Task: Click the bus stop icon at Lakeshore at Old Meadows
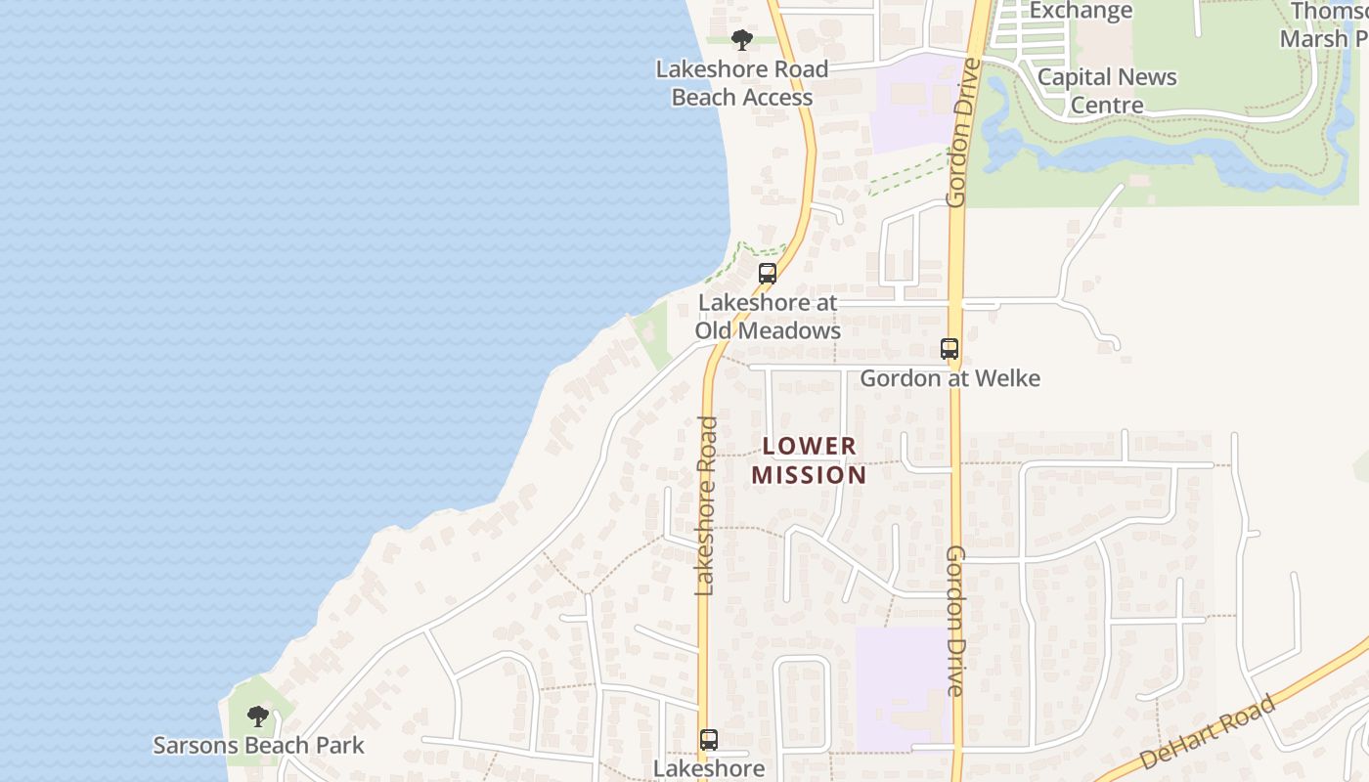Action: point(768,274)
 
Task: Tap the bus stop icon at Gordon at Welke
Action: point(949,349)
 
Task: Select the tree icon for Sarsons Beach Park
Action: point(257,717)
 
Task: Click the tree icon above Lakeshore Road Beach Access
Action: point(742,40)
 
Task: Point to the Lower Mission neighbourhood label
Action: point(809,460)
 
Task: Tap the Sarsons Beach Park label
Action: point(258,746)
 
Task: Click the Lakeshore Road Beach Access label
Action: point(742,83)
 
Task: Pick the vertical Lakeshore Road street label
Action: point(707,505)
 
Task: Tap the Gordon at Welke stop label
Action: point(949,378)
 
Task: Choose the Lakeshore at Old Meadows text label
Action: point(768,317)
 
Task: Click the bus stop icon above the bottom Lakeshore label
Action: point(709,740)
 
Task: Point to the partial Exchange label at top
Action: point(1081,11)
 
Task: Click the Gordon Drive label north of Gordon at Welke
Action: point(956,132)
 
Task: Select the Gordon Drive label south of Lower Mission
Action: point(955,621)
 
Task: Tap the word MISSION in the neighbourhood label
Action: point(809,476)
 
